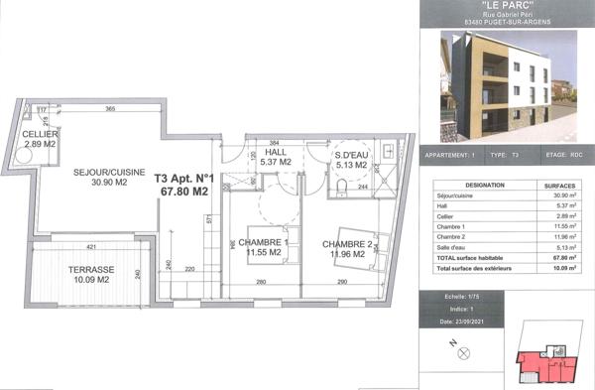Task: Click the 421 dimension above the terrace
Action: coord(90,246)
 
